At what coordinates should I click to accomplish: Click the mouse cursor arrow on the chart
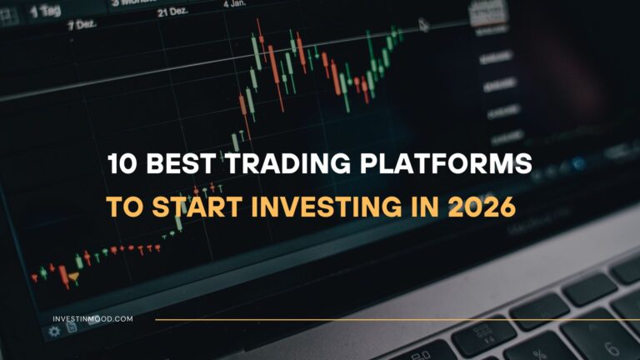pyautogui.click(x=423, y=25)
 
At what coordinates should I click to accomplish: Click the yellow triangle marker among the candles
pyautogui.click(x=75, y=276)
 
